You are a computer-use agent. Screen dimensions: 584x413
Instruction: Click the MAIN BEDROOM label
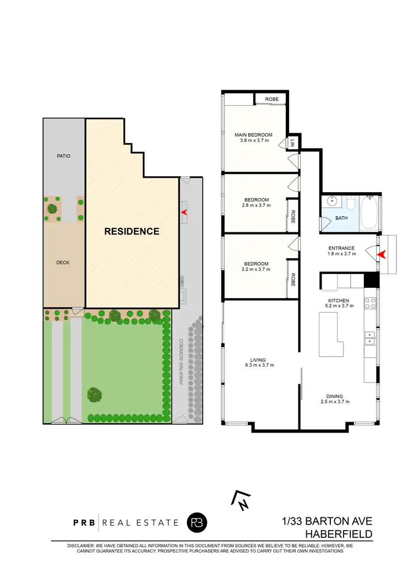point(253,135)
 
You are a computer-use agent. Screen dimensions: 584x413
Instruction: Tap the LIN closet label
point(292,143)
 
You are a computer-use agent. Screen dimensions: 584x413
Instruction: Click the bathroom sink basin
point(332,201)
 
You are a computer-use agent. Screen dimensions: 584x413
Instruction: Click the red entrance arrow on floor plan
point(381,254)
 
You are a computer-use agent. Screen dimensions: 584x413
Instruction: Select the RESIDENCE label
point(132,231)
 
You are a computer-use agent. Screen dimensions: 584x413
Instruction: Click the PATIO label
point(63,156)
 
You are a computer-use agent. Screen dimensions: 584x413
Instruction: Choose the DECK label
point(63,263)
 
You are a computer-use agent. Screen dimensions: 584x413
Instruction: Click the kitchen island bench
point(330,333)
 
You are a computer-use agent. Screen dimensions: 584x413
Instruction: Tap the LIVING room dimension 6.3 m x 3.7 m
point(259,365)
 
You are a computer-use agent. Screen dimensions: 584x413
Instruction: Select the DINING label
point(335,396)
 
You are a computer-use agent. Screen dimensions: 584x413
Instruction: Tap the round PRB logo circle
point(196,522)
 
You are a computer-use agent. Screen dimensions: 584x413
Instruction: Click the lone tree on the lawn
point(94,394)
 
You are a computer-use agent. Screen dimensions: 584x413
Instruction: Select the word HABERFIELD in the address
point(339,534)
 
